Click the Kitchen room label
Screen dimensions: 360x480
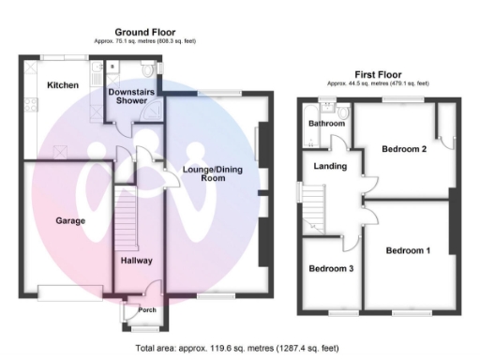pos(64,85)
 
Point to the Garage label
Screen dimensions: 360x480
pos(69,221)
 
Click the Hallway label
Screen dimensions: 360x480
pos(136,260)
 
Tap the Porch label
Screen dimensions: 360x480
pos(146,311)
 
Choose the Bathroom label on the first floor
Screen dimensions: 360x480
pos(327,124)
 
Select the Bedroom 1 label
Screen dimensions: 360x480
pos(409,250)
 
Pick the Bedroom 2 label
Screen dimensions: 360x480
pos(405,149)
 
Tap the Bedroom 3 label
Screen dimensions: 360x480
pos(332,269)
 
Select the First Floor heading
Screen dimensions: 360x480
pos(378,74)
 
